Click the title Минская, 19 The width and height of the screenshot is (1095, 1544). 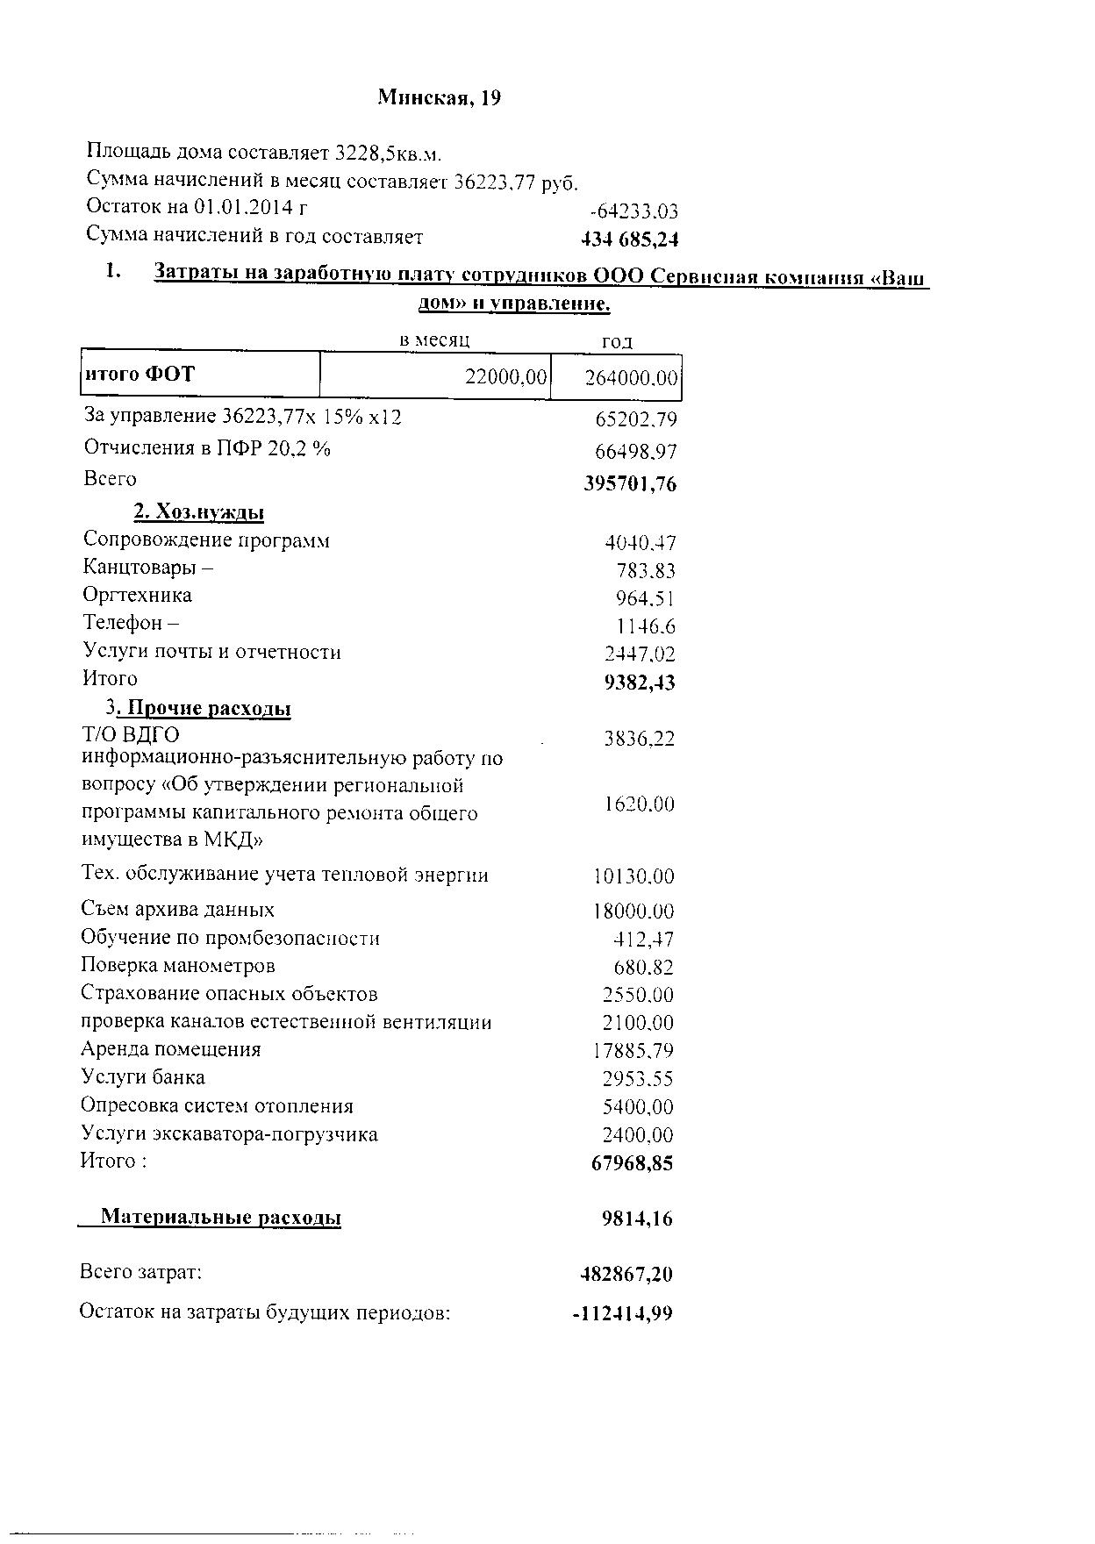click(x=439, y=97)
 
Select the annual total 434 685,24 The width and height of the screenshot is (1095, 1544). click(x=630, y=239)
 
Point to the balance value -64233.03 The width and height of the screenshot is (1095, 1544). click(x=634, y=211)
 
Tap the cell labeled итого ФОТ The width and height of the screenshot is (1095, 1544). click(x=140, y=375)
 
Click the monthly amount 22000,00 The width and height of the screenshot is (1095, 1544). click(x=505, y=377)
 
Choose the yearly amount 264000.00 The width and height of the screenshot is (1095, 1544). click(x=631, y=378)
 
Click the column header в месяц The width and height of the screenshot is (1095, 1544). click(x=435, y=340)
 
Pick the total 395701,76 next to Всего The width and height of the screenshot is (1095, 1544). click(x=630, y=484)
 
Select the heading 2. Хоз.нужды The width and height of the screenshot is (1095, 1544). click(x=199, y=512)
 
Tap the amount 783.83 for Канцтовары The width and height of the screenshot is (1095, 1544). click(x=646, y=571)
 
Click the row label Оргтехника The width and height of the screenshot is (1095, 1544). click(x=138, y=596)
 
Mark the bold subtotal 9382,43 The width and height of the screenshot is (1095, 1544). click(x=640, y=683)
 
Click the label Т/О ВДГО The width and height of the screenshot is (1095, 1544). click(x=131, y=734)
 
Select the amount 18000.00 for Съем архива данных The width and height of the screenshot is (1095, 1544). click(x=633, y=911)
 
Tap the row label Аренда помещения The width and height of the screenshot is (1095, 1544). click(x=171, y=1050)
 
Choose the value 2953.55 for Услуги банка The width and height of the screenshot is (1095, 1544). click(x=638, y=1079)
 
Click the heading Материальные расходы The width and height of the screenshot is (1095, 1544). click(x=220, y=1218)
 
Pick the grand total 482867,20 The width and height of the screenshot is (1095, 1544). click(x=626, y=1275)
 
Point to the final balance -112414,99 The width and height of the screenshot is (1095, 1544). click(x=622, y=1314)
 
